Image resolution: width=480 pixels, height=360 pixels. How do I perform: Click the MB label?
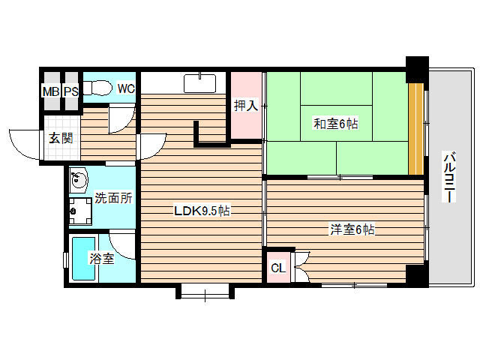pos(51,91)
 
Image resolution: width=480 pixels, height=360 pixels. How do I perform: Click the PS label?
pos(70,91)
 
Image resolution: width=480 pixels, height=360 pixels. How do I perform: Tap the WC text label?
pos(125,88)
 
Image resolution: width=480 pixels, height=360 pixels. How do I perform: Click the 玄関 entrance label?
pos(61,138)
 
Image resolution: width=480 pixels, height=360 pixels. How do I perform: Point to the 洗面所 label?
pos(113,199)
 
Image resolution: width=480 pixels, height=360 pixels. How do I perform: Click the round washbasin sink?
pos(78,180)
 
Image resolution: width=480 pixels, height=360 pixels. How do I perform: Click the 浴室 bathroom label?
pos(101,259)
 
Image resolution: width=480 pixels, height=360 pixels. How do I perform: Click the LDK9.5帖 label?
pos(202,211)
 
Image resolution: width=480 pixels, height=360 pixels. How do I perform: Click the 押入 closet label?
pos(246,106)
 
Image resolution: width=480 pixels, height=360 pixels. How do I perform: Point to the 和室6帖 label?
pos(335,124)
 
